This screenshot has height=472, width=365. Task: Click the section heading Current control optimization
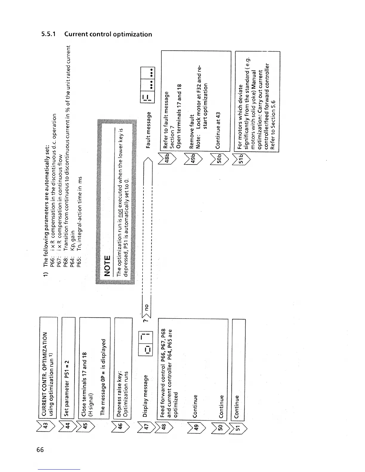click(x=97, y=34)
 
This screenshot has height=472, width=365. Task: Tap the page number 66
click(x=40, y=450)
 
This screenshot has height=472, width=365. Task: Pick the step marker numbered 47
click(x=146, y=426)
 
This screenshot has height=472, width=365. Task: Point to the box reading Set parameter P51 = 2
click(x=67, y=388)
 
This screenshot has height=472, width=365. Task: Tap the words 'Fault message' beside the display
click(x=148, y=130)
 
